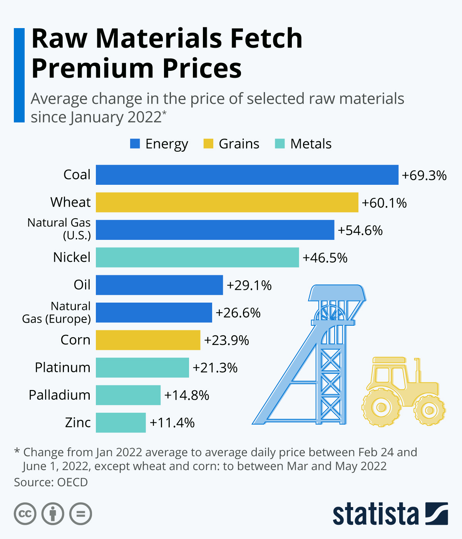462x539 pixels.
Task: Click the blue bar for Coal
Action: (x=247, y=175)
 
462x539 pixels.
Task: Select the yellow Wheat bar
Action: (x=227, y=203)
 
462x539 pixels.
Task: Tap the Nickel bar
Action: (x=197, y=257)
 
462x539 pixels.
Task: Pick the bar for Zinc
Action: (x=121, y=422)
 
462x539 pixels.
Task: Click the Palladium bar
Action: (x=128, y=395)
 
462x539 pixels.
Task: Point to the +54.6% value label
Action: (x=360, y=230)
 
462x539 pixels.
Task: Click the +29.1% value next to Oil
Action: (x=249, y=285)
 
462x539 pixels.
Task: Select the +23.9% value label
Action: (x=226, y=340)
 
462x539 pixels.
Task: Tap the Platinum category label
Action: (x=62, y=367)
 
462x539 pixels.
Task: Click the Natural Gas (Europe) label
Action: (x=57, y=312)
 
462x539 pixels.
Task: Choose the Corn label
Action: (x=75, y=340)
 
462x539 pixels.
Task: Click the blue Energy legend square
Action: (x=135, y=144)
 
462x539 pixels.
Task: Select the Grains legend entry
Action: (x=231, y=144)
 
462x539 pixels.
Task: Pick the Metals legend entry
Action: (x=303, y=144)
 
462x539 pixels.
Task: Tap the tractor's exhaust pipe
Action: (x=417, y=370)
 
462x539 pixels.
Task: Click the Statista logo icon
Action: (x=437, y=513)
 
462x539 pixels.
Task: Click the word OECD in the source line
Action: (x=72, y=482)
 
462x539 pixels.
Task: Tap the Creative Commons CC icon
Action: (x=25, y=514)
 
